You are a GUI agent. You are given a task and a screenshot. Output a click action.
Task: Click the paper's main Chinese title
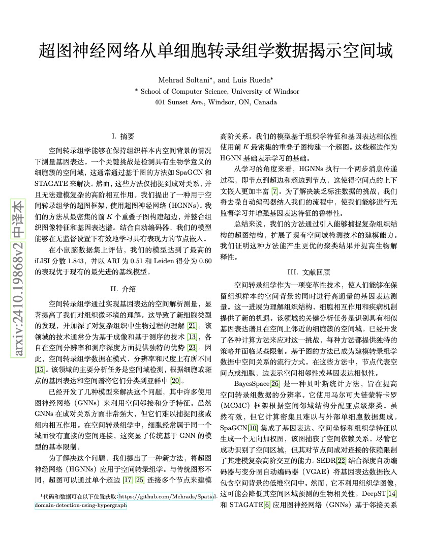point(215,51)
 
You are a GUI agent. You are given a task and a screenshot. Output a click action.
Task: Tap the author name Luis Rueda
point(253,80)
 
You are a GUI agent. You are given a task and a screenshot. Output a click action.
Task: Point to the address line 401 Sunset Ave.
point(215,102)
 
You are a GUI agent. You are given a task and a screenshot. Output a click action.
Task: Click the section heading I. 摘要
point(123,136)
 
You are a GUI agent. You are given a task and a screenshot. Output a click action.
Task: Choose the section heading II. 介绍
point(123,289)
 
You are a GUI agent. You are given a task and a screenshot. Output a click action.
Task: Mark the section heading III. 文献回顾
point(308,272)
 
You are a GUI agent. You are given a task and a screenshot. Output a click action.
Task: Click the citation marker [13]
point(192,337)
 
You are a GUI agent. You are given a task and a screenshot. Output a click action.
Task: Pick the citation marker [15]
point(40,369)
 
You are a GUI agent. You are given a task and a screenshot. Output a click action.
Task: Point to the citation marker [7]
point(275,191)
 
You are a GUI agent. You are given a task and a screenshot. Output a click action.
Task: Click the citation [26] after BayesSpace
point(275,383)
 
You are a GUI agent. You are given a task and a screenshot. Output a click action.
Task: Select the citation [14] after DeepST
point(392,494)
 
